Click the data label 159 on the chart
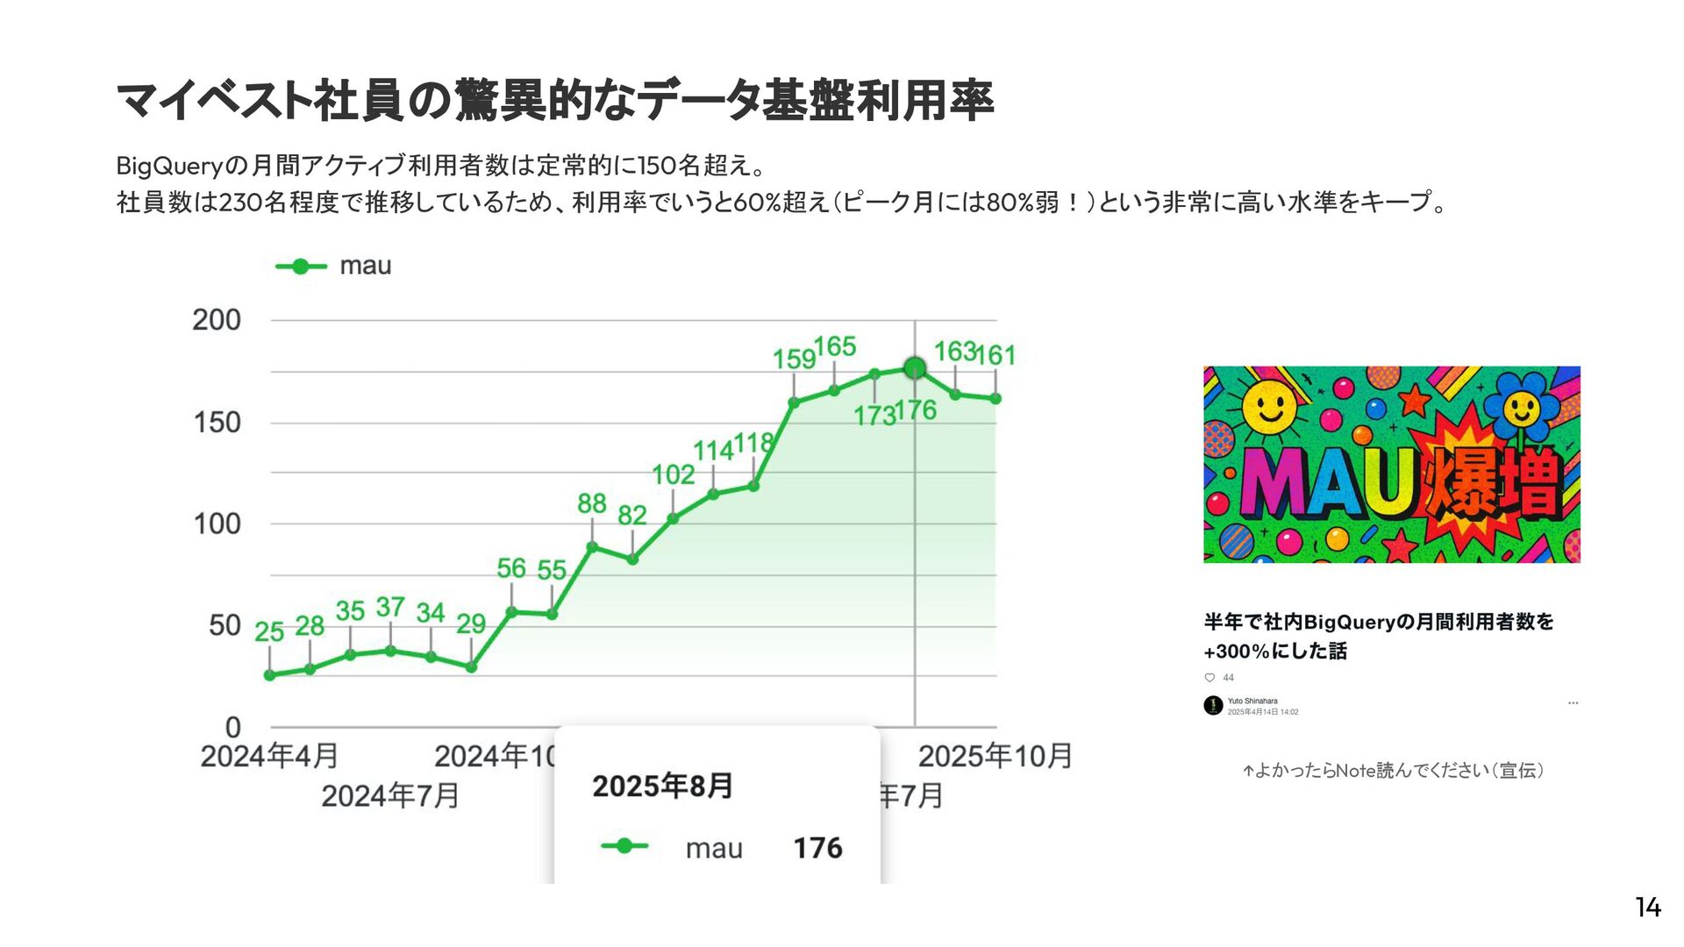coord(794,359)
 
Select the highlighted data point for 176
coord(915,368)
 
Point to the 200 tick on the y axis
coord(217,320)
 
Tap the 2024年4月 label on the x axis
coord(269,756)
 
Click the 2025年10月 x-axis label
coord(995,756)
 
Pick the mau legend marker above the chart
coord(301,267)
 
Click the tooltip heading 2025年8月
coord(662,786)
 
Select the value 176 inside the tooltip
coord(817,848)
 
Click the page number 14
coord(1648,907)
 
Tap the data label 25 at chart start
coord(269,631)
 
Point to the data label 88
coord(592,503)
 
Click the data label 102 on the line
coord(673,474)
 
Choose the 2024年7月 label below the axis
coord(390,796)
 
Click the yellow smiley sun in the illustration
coord(1268,408)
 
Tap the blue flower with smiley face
coord(1521,408)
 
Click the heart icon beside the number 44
coord(1209,678)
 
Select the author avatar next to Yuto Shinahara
coord(1213,705)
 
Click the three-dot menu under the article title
coord(1573,703)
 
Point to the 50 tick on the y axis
coord(225,625)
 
